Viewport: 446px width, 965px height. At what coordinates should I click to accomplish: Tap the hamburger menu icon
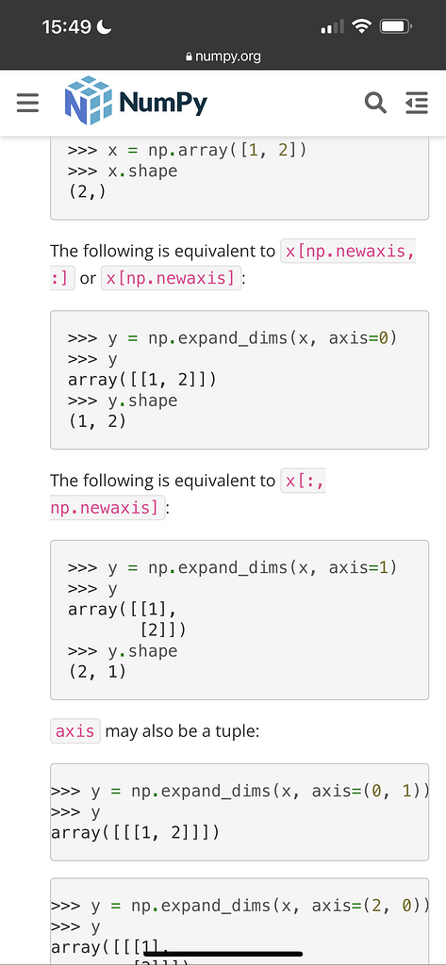coord(27,103)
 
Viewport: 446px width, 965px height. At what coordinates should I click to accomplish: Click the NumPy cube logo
coord(88,100)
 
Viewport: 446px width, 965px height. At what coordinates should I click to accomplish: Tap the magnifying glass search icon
coord(375,103)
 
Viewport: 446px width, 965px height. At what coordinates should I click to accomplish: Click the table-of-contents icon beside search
coord(417,103)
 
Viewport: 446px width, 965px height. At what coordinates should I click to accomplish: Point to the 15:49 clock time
coord(67,27)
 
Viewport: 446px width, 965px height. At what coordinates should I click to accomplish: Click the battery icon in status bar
coord(396,26)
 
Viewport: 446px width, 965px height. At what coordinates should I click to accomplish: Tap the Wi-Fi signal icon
coord(361,26)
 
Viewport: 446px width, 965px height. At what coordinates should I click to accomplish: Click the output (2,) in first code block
coord(87,191)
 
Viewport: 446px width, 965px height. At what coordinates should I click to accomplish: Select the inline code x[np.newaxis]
coord(171,278)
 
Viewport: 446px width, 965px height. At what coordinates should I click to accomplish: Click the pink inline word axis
coord(75,731)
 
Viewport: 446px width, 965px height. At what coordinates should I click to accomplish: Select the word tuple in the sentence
coord(238,731)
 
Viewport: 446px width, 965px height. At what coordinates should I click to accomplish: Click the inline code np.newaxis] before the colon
coord(107,508)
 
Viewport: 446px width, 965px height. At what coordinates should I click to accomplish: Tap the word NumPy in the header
coord(163,102)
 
